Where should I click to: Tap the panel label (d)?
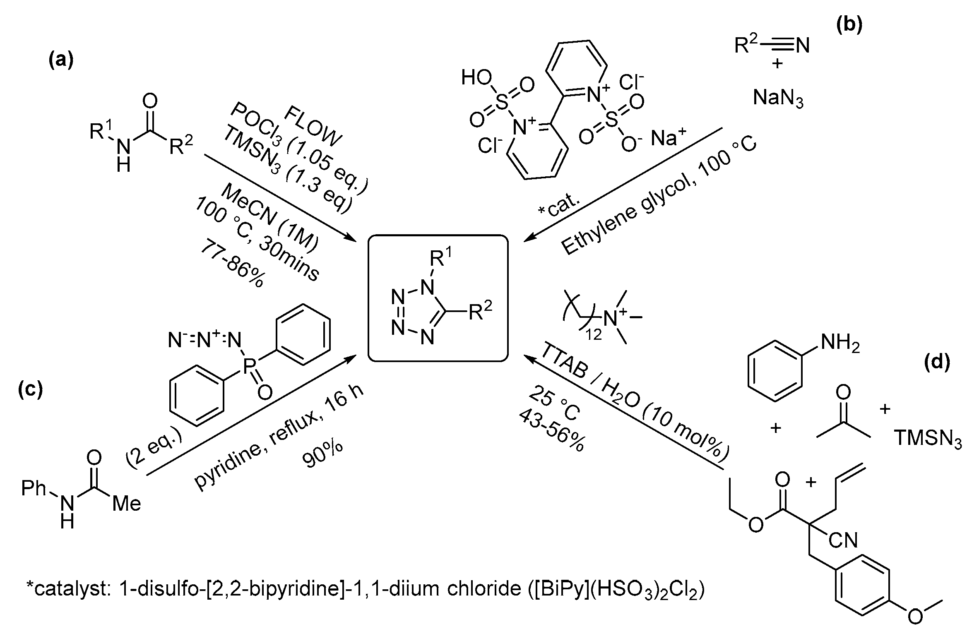pyautogui.click(x=937, y=362)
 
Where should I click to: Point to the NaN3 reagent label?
pyautogui.click(x=778, y=98)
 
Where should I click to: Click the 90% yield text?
pyautogui.click(x=322, y=454)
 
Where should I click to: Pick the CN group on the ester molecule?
pyautogui.click(x=843, y=540)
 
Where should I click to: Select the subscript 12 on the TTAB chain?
pyautogui.click(x=593, y=334)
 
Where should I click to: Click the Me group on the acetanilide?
pyautogui.click(x=127, y=504)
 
